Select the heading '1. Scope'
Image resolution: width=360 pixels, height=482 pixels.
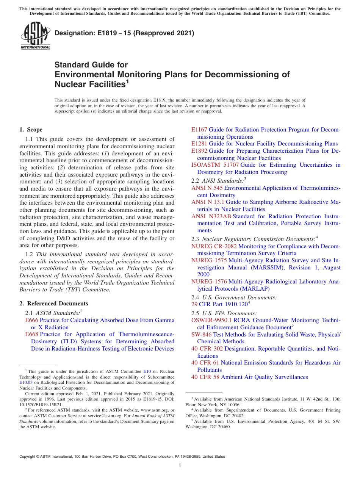(x=31, y=130)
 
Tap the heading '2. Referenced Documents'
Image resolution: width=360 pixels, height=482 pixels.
(x=54, y=304)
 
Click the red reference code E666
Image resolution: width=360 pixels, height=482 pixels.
(x=31, y=320)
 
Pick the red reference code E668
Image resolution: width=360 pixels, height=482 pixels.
(x=31, y=334)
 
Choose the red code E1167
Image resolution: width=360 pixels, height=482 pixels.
(x=199, y=130)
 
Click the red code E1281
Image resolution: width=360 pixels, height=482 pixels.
(x=199, y=144)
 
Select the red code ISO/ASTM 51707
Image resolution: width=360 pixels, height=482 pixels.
(x=215, y=165)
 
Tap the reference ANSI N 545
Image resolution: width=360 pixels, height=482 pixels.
(x=207, y=188)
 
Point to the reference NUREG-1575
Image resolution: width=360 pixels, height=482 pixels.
(x=209, y=260)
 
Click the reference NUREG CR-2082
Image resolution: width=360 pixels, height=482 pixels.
(x=214, y=246)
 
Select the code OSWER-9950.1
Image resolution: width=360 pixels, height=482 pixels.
(x=211, y=320)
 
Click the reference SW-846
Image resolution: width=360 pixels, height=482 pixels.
(x=201, y=335)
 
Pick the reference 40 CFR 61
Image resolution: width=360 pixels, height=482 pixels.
(x=205, y=363)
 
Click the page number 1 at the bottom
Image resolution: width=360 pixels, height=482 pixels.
(x=180, y=466)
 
